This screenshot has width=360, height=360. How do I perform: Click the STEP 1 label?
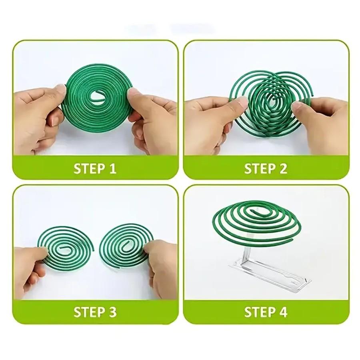click(95, 168)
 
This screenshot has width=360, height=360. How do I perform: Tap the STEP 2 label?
click(266, 168)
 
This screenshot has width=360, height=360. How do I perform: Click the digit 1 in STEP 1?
click(112, 168)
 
